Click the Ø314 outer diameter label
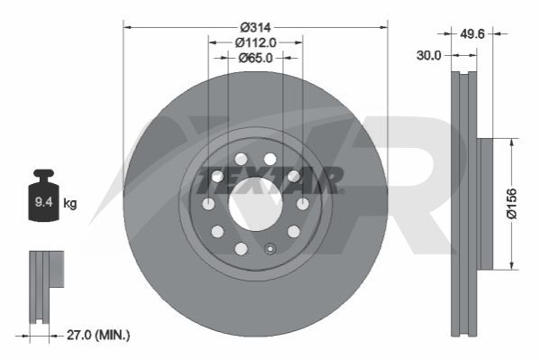point(255,27)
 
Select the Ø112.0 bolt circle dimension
point(255,42)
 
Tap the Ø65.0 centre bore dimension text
point(255,58)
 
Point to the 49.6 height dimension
point(472,33)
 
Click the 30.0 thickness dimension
point(428,55)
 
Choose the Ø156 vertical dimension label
point(512,203)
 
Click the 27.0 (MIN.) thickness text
point(98,335)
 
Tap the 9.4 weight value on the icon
point(44,202)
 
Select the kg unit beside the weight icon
point(70,203)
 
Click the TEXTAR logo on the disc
point(270,180)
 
